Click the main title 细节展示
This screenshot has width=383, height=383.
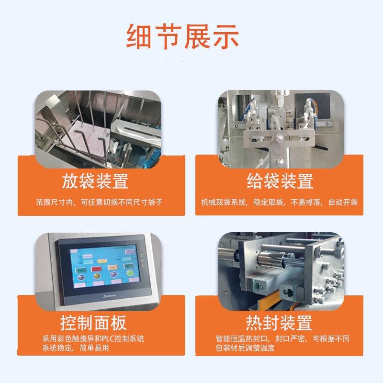[x=182, y=36]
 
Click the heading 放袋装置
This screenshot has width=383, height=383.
[x=95, y=181]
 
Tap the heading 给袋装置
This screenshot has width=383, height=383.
[x=280, y=181]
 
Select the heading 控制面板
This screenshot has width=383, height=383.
[x=93, y=323]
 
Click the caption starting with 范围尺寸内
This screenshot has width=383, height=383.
[x=99, y=202]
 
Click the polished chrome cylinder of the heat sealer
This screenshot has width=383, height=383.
[x=278, y=261]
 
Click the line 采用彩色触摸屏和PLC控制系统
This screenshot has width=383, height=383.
[x=93, y=338]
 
